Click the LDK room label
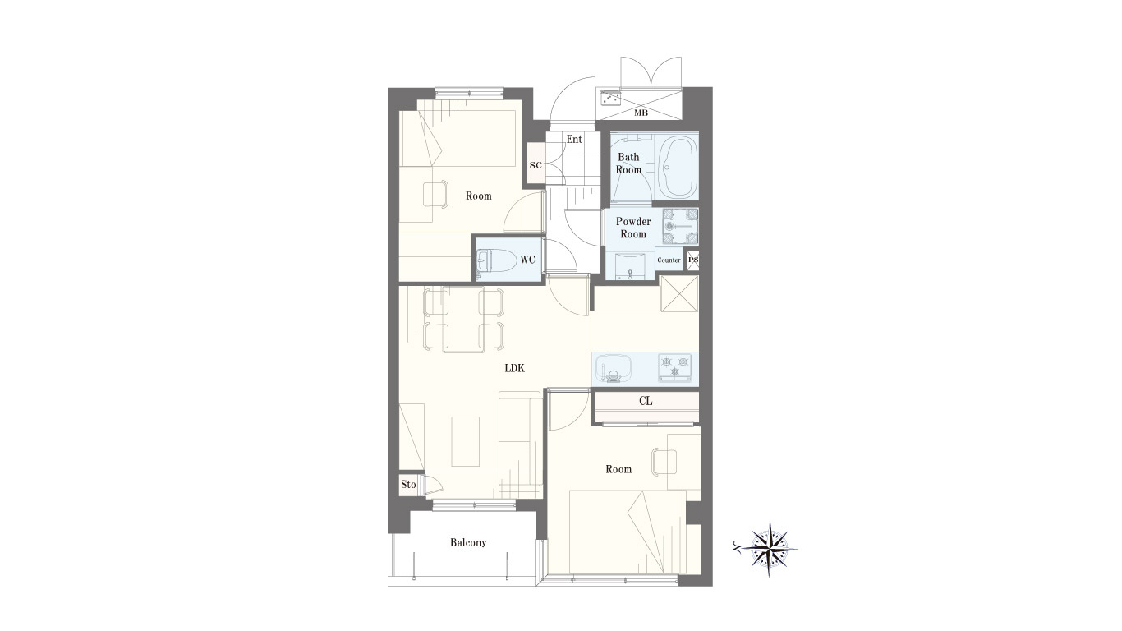[514, 368]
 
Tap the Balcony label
[468, 543]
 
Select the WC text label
[527, 259]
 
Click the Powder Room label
[633, 228]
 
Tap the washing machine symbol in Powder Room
[680, 226]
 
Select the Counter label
[669, 260]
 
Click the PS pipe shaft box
[693, 260]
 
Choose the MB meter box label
[641, 113]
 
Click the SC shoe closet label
[536, 165]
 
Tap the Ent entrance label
[574, 139]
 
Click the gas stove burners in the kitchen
[674, 366]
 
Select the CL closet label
[646, 401]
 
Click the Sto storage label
[408, 484]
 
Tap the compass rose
[770, 549]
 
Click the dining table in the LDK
[463, 320]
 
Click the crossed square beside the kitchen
[680, 293]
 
